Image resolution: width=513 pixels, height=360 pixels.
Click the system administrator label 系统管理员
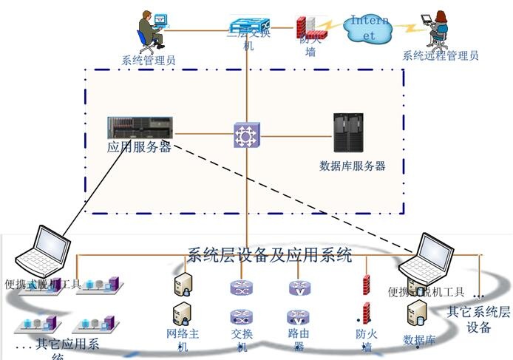tap(149, 60)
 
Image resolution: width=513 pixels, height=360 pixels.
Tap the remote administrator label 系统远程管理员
tap(441, 55)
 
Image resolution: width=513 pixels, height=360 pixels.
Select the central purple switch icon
tap(245, 135)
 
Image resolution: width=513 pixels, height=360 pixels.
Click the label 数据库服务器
tap(352, 166)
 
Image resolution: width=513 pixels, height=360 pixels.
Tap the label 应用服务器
tap(139, 146)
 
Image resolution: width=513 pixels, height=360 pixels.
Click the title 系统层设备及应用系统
tap(270, 256)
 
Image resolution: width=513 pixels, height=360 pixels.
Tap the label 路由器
tap(298, 339)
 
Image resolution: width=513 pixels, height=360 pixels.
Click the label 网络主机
tap(183, 339)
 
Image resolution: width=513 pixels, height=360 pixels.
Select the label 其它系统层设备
tap(478, 319)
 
